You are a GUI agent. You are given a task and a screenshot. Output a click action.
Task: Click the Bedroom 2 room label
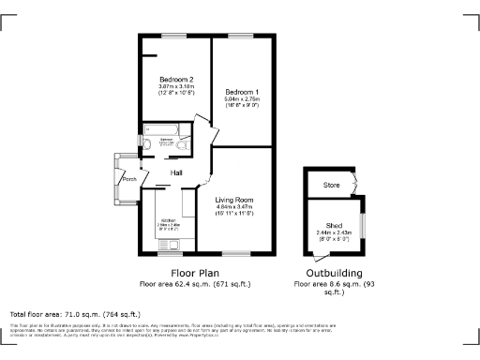[175, 80]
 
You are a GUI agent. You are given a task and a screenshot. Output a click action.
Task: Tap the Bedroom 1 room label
[241, 91]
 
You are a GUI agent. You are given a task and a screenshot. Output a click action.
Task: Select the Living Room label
[234, 200]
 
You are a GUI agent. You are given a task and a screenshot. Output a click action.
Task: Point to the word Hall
[175, 173]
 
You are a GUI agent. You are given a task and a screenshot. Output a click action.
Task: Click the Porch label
[129, 179]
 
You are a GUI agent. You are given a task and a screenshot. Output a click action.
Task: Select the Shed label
[334, 225]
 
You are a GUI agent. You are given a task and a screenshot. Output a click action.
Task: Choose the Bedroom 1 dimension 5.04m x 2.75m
[241, 98]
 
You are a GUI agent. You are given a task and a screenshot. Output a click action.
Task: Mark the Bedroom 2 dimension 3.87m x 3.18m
[175, 87]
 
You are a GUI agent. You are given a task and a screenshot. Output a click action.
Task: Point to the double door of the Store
[355, 184]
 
